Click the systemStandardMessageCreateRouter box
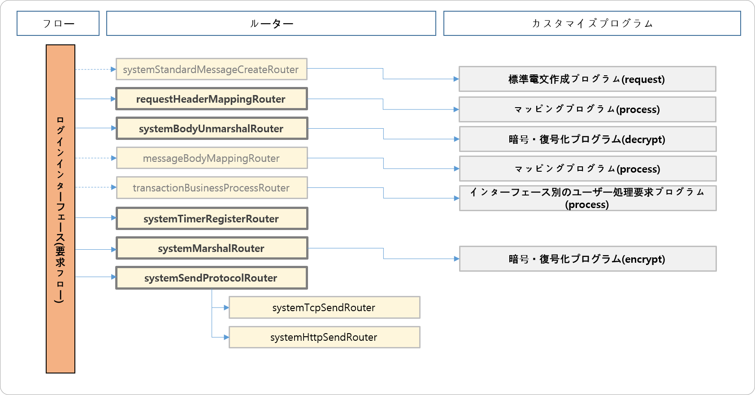point(211,69)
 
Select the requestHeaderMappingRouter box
point(211,99)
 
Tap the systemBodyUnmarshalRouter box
point(211,129)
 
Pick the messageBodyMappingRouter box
point(211,158)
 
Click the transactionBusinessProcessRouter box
point(211,188)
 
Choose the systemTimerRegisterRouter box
point(211,219)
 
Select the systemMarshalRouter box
point(211,248)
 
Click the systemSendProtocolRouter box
point(211,278)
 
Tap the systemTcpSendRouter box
point(324,308)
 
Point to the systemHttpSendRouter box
point(324,337)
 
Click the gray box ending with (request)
point(587,79)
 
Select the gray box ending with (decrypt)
point(587,139)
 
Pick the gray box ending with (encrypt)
point(587,259)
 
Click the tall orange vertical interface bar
point(61,209)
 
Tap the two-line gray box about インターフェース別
point(587,198)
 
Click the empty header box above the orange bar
point(58,23)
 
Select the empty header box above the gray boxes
point(592,23)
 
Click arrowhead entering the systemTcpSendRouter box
point(226,308)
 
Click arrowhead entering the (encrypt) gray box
point(456,259)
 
